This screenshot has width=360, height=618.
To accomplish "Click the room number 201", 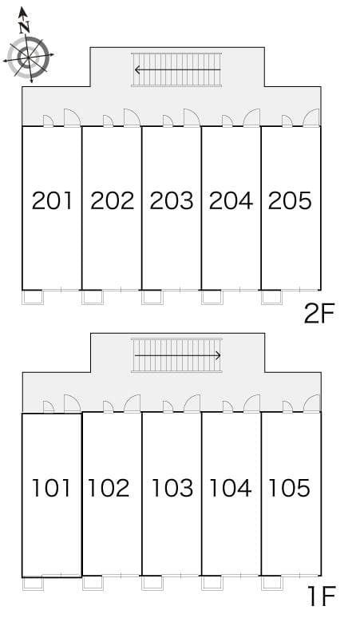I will pos(52,200).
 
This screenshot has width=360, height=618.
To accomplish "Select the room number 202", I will pos(112,200).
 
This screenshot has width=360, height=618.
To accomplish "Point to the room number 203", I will pos(172,200).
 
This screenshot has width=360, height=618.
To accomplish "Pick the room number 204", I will pos(231,200).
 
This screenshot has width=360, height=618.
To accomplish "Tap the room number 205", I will pos(290,200).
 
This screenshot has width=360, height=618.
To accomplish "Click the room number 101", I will pos(52,487).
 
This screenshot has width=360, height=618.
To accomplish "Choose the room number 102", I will pos(109,487).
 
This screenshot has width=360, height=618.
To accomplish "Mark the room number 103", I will pos(172,487).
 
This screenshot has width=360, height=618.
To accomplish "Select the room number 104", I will pos(231,487).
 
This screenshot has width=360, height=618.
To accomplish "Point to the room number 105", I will pos(290,487).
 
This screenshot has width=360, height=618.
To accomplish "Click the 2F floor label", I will pos(319,314).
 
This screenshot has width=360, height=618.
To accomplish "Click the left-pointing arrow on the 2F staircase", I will pos(176,69).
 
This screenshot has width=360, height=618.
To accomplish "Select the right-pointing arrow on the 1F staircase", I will pos(177,355).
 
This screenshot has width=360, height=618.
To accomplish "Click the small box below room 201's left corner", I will pos(33,297).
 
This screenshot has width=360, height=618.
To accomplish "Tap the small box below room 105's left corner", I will pos(272,583).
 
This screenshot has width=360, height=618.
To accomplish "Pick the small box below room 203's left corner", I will pos(152,297).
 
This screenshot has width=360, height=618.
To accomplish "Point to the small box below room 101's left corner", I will pos(33,584).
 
